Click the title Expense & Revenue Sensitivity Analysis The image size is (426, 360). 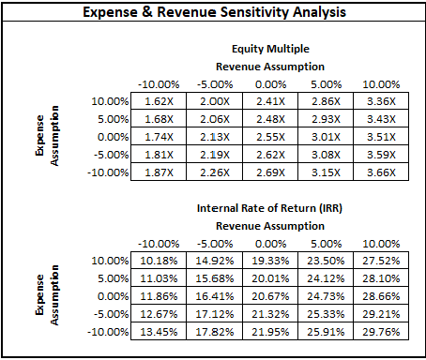[213, 14]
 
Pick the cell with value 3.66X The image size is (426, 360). [380, 172]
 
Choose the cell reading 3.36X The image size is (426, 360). [380, 101]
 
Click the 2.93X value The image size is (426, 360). [325, 119]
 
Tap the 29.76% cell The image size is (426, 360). [380, 332]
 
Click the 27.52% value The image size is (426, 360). [380, 261]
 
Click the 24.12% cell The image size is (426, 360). [325, 278]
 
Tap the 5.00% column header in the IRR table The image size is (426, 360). [325, 244]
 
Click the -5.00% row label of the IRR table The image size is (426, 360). [108, 314]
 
